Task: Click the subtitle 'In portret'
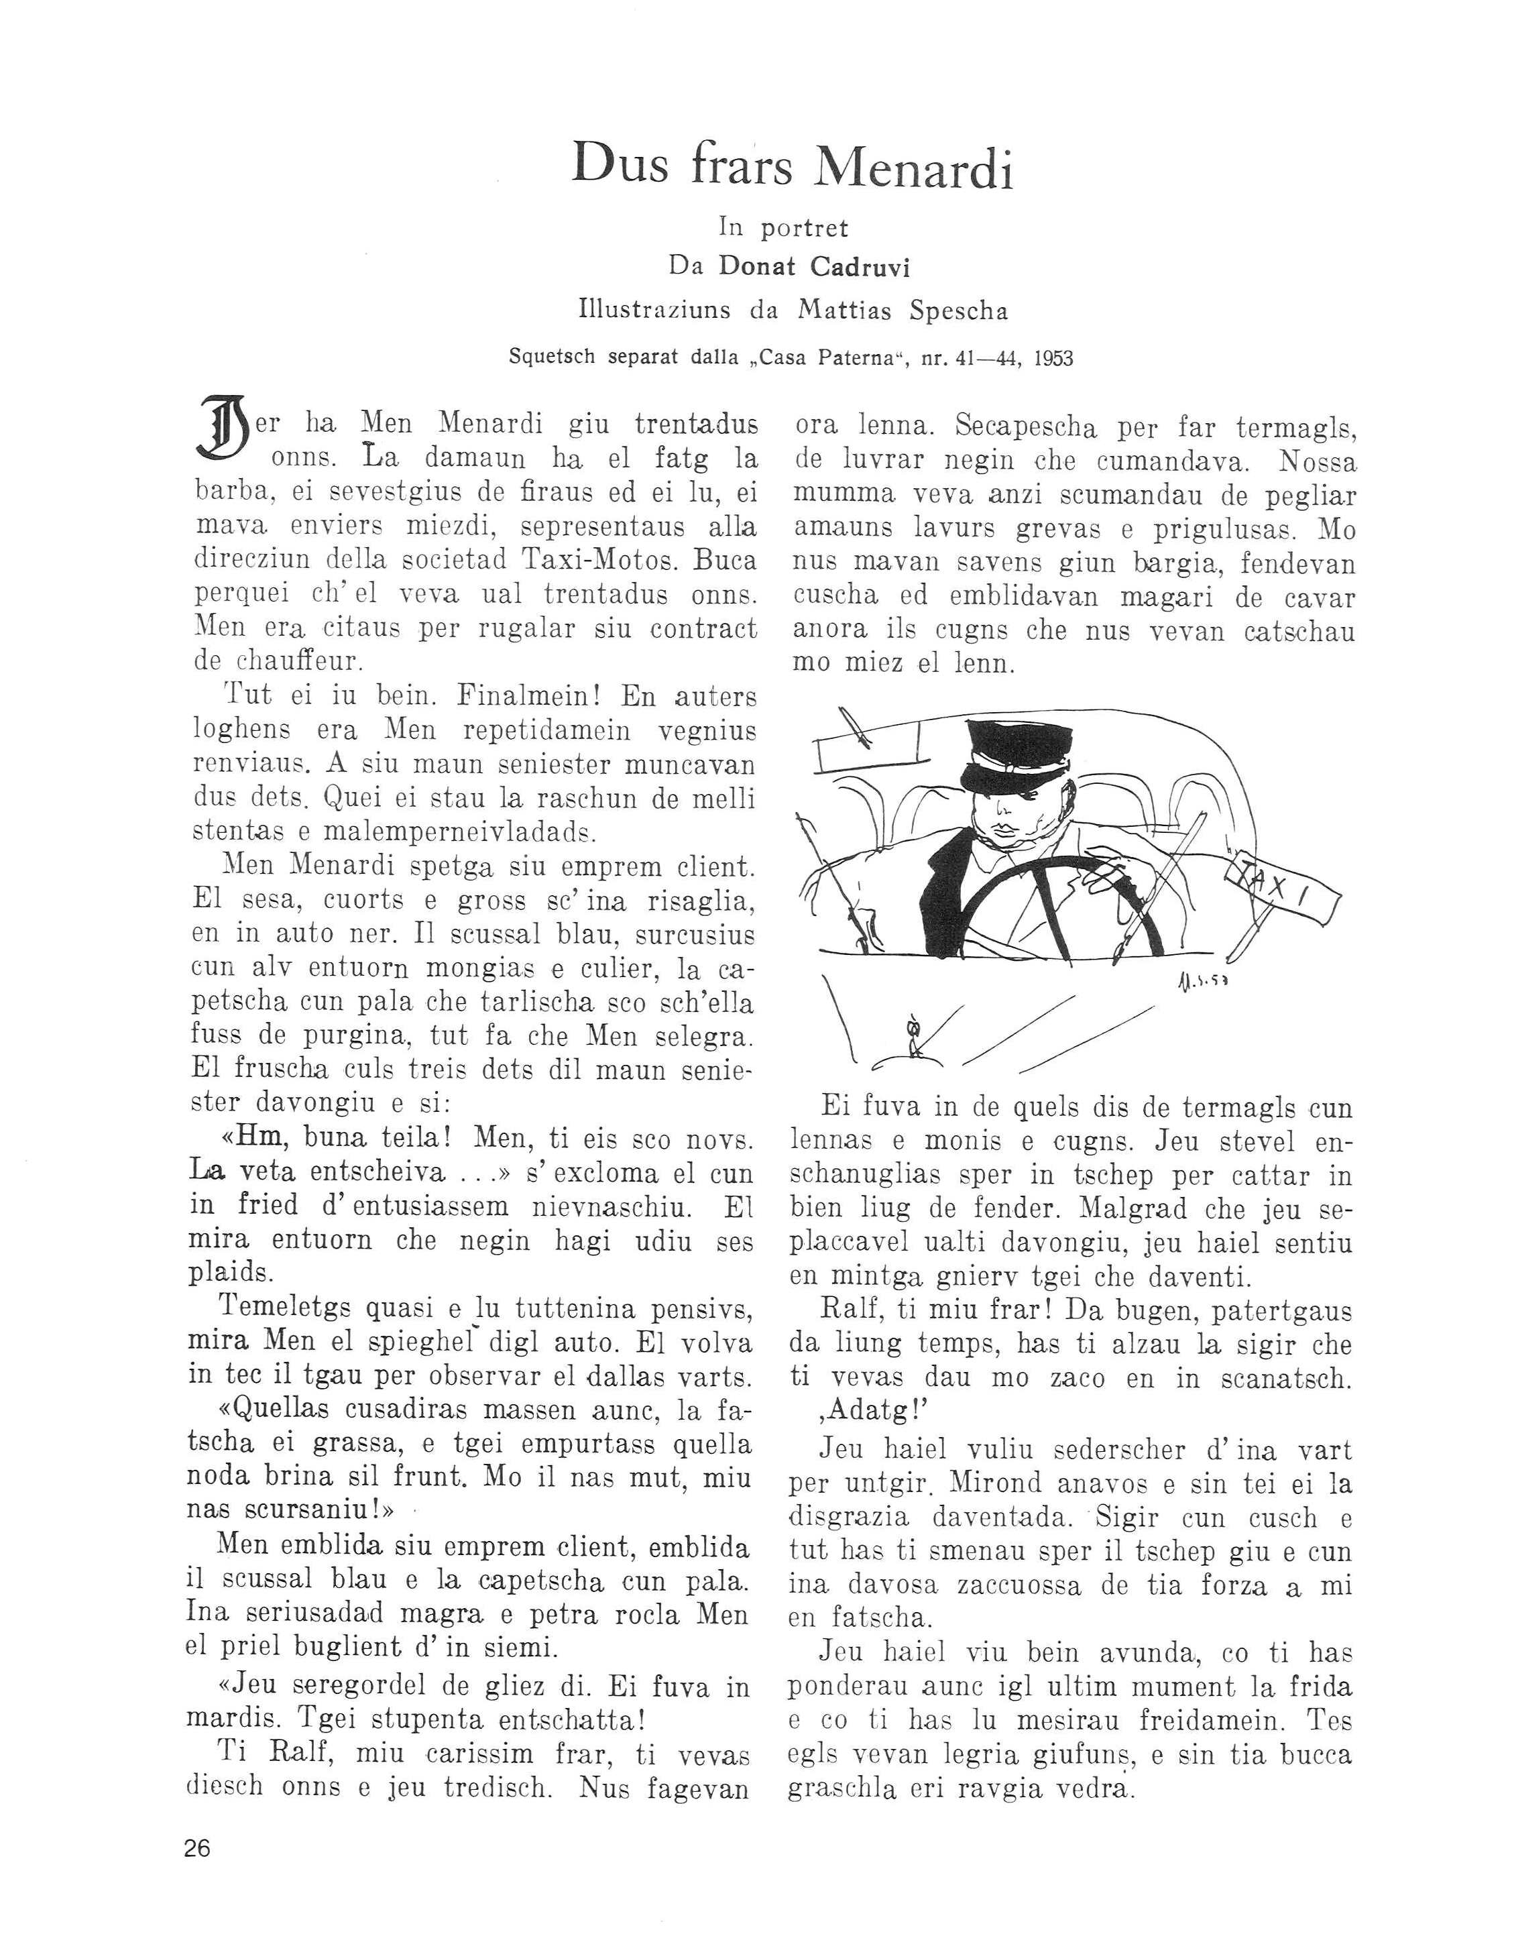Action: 784,228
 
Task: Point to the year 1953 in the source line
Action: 1053,359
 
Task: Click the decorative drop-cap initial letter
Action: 222,429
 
